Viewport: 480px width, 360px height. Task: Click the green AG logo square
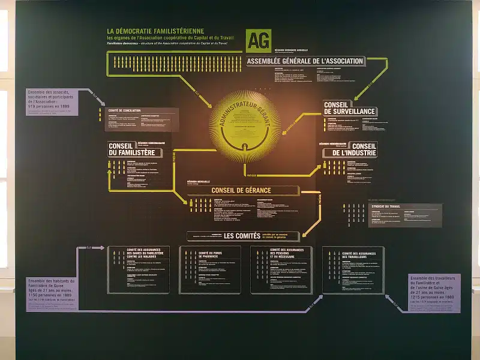[x=259, y=41]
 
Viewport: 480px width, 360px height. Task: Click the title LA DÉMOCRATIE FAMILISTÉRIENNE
[x=155, y=31]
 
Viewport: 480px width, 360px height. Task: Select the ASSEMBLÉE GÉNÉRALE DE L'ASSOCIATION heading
[x=305, y=61]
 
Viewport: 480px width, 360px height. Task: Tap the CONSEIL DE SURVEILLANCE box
[x=350, y=107]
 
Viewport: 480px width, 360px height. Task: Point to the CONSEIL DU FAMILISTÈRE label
[x=132, y=149]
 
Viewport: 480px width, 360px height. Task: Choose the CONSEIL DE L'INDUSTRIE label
[x=350, y=149]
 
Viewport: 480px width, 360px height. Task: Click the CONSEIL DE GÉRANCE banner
[x=241, y=190]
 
